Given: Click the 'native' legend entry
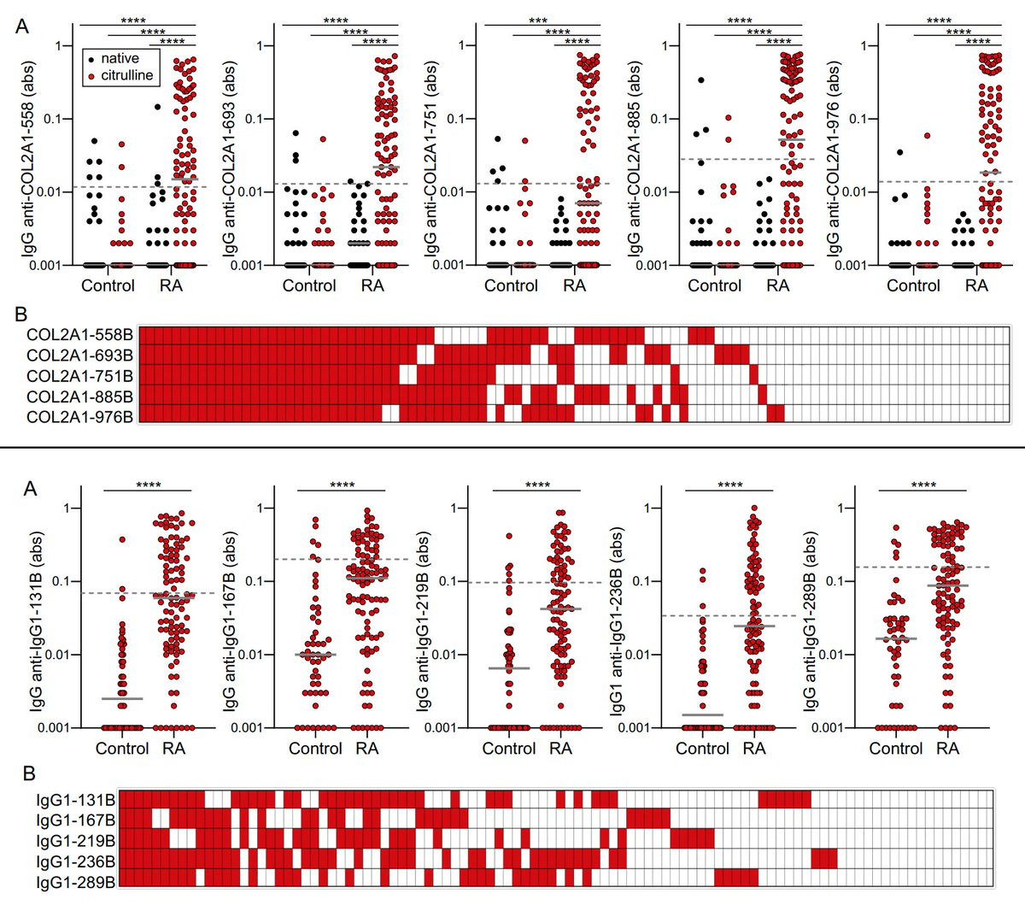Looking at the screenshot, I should click(x=119, y=58).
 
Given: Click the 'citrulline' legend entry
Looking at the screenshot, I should click(x=126, y=75).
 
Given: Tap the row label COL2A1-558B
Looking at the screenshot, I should click(x=79, y=336).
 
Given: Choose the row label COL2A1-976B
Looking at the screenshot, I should click(x=79, y=417).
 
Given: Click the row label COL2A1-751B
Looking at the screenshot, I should click(x=79, y=376).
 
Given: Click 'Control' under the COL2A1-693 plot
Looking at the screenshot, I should click(x=309, y=285).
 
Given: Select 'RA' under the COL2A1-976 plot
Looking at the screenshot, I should click(x=976, y=285).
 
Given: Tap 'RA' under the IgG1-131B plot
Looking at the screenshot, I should click(x=173, y=749).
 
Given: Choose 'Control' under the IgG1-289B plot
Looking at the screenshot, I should click(x=896, y=749).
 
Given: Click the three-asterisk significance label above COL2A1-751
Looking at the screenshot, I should click(x=538, y=20).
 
